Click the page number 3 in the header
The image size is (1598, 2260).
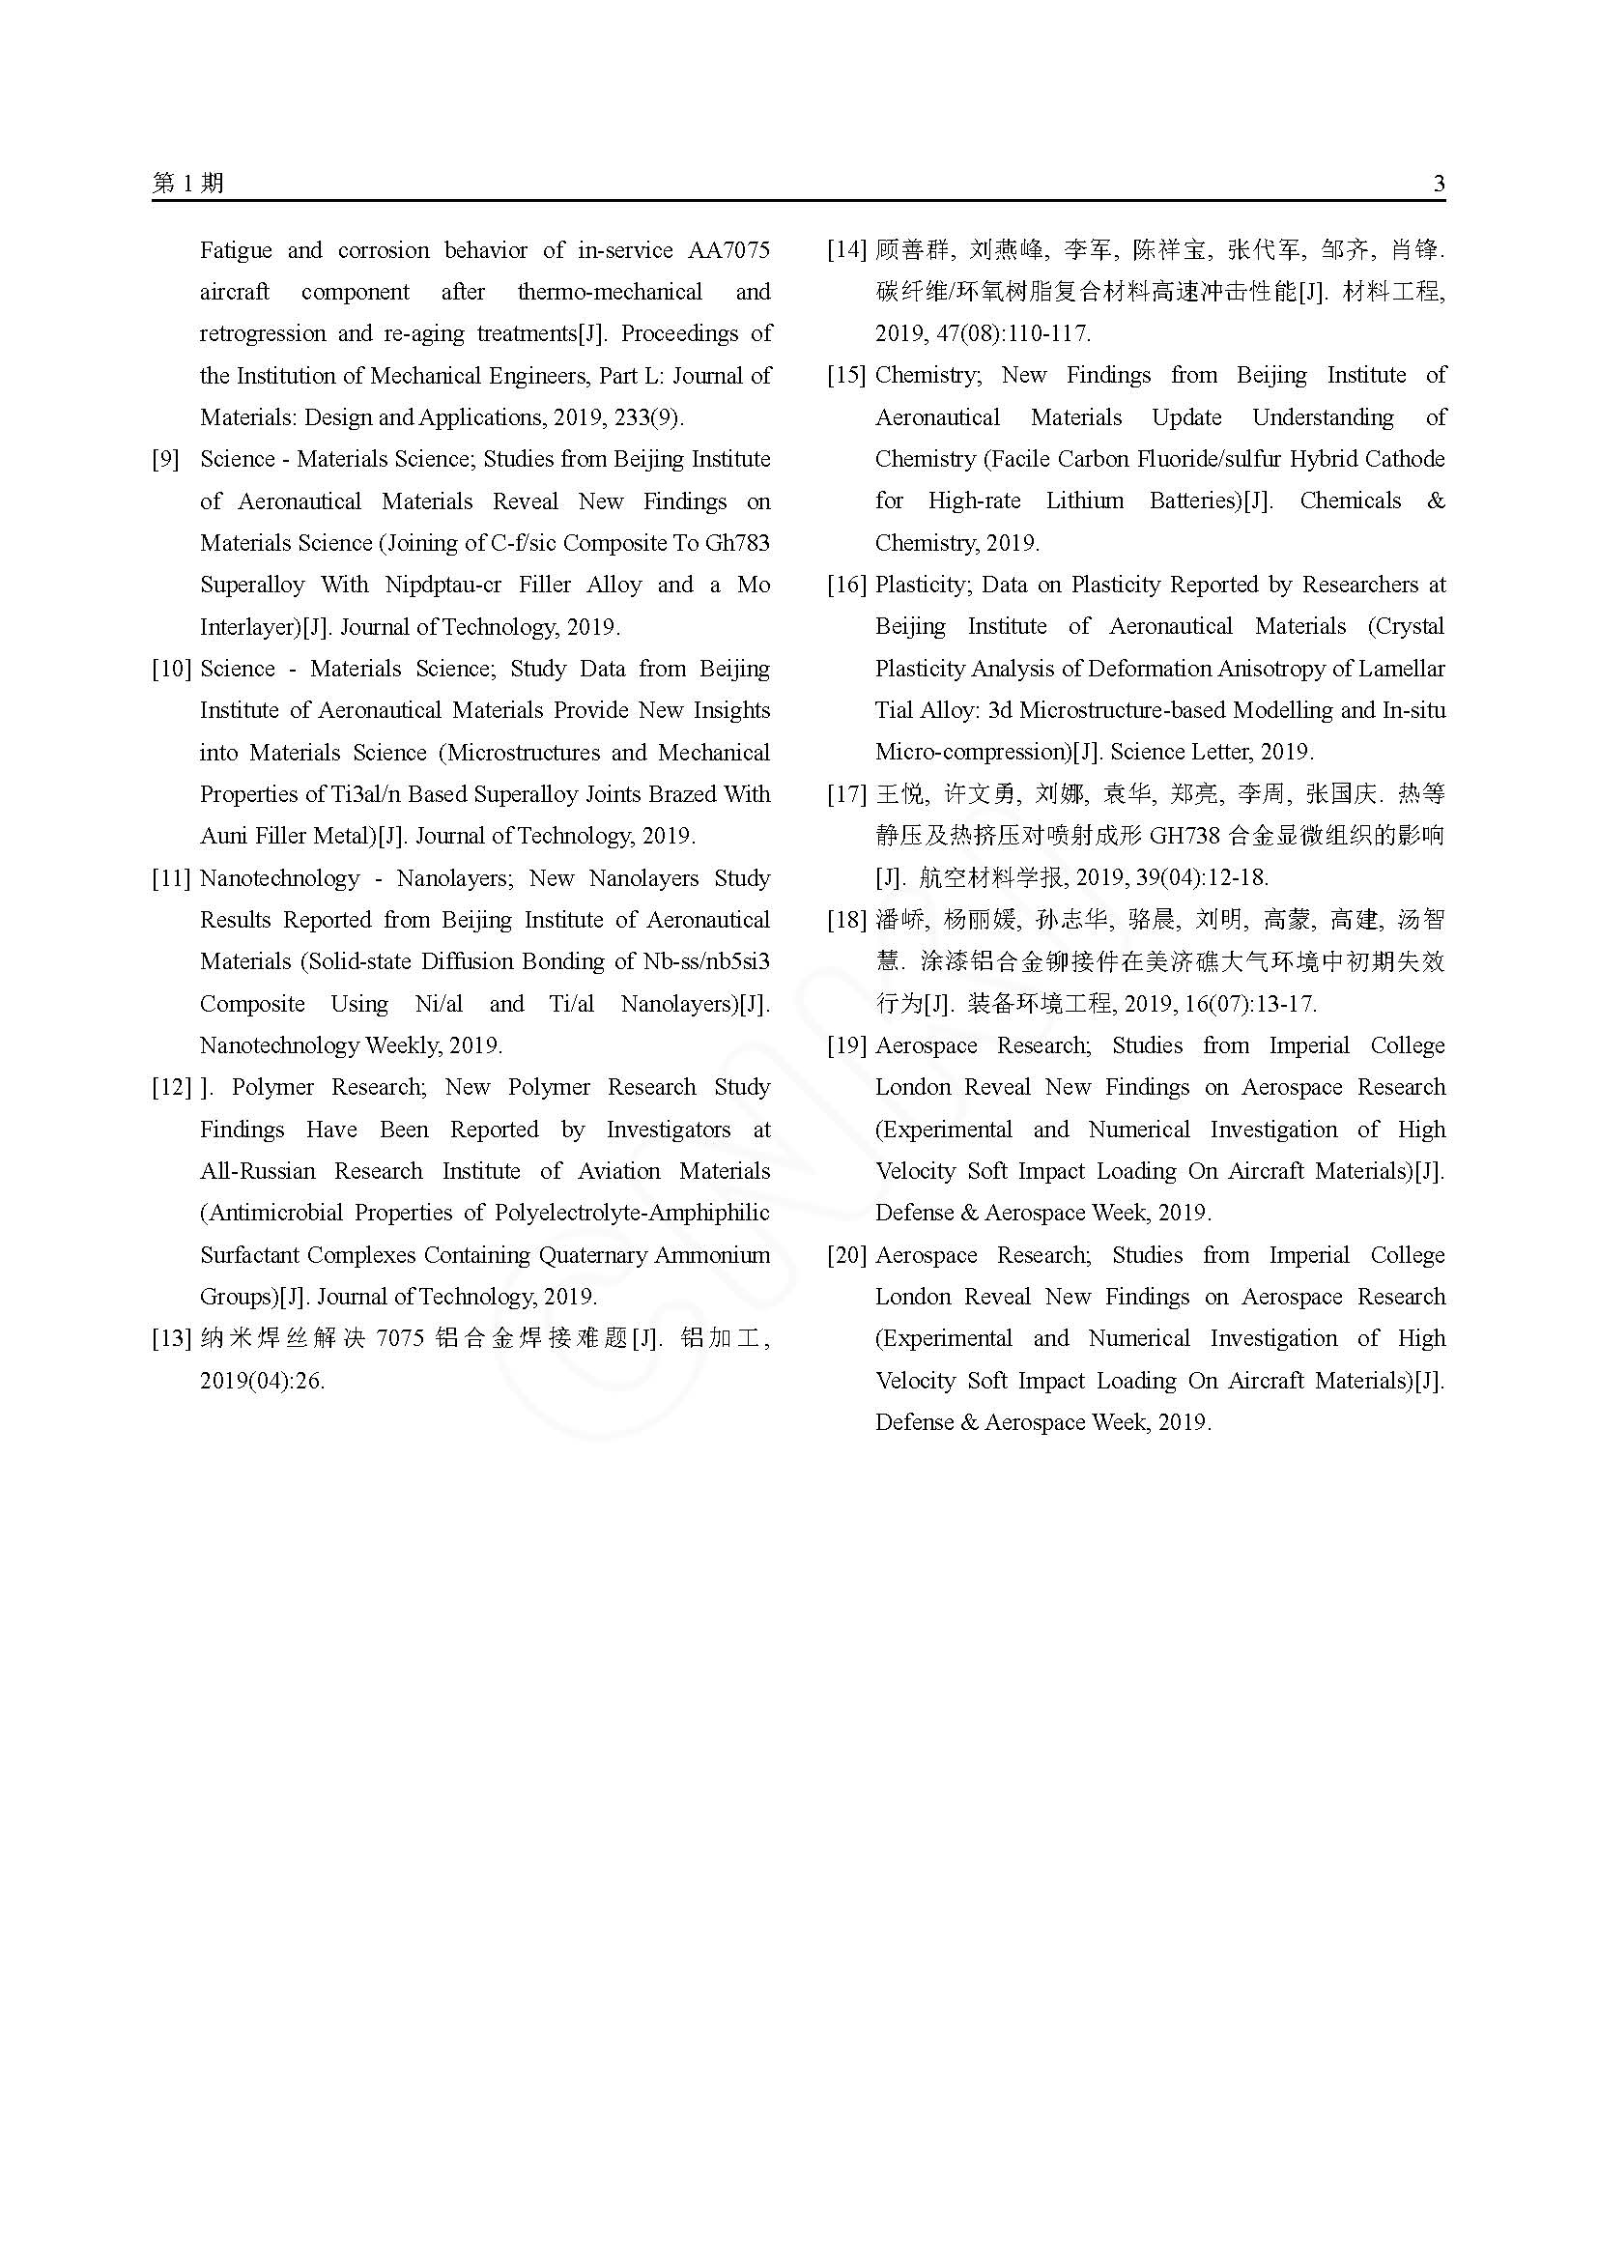click(x=1439, y=183)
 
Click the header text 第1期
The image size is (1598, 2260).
click(x=188, y=183)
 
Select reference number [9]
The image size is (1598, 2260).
click(x=165, y=460)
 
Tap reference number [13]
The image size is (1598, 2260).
click(x=170, y=1338)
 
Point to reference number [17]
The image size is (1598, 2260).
click(x=846, y=794)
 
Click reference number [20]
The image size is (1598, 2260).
click(x=846, y=1255)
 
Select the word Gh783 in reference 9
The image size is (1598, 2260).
click(x=737, y=543)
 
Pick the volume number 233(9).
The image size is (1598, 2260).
click(x=645, y=417)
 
